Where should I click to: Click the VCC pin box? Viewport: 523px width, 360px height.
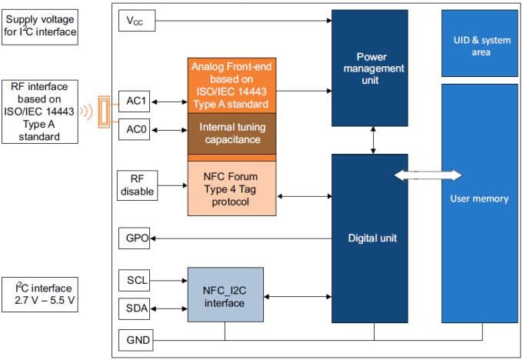[137, 22]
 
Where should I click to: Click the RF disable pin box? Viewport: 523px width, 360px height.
[137, 184]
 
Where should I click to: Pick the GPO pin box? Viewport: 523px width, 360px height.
[137, 238]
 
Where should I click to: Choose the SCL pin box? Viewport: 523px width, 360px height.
[137, 280]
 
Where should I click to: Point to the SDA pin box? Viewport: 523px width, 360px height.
[137, 308]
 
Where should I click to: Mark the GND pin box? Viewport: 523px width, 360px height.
[137, 339]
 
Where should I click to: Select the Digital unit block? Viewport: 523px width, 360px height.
[369, 238]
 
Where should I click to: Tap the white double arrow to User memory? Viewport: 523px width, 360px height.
[427, 175]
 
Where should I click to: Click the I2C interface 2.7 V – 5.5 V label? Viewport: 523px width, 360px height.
[40, 293]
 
